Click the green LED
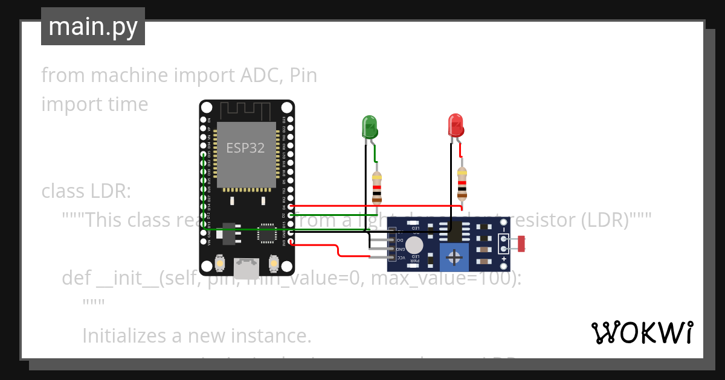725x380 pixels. click(x=370, y=127)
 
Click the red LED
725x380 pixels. click(x=456, y=125)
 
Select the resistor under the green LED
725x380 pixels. click(x=377, y=188)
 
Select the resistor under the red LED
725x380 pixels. click(x=462, y=184)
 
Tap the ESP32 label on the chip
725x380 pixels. click(x=245, y=148)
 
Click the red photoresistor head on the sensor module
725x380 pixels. click(x=521, y=244)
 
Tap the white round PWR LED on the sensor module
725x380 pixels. click(x=414, y=245)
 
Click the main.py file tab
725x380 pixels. click(x=93, y=27)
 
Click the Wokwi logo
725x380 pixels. click(x=642, y=332)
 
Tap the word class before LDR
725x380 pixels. click(x=63, y=191)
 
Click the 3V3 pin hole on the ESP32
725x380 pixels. click(x=291, y=242)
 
